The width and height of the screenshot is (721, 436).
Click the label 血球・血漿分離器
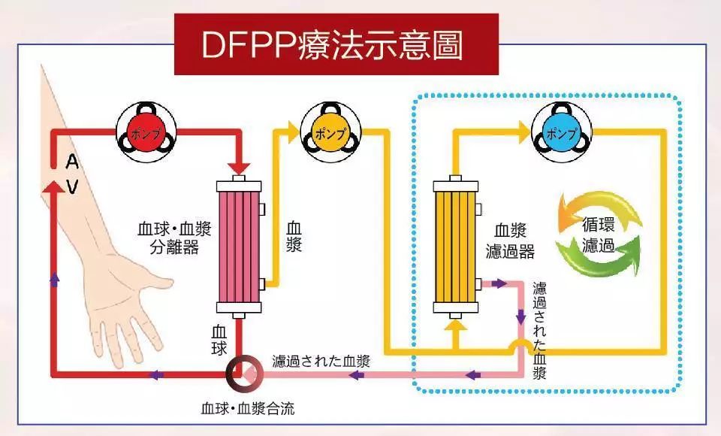pyautogui.click(x=169, y=238)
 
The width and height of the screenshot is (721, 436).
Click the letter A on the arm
pyautogui.click(x=73, y=161)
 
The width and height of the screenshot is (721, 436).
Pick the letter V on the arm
pyautogui.click(x=73, y=186)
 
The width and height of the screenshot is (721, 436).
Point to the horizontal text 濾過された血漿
pyautogui.click(x=321, y=360)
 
